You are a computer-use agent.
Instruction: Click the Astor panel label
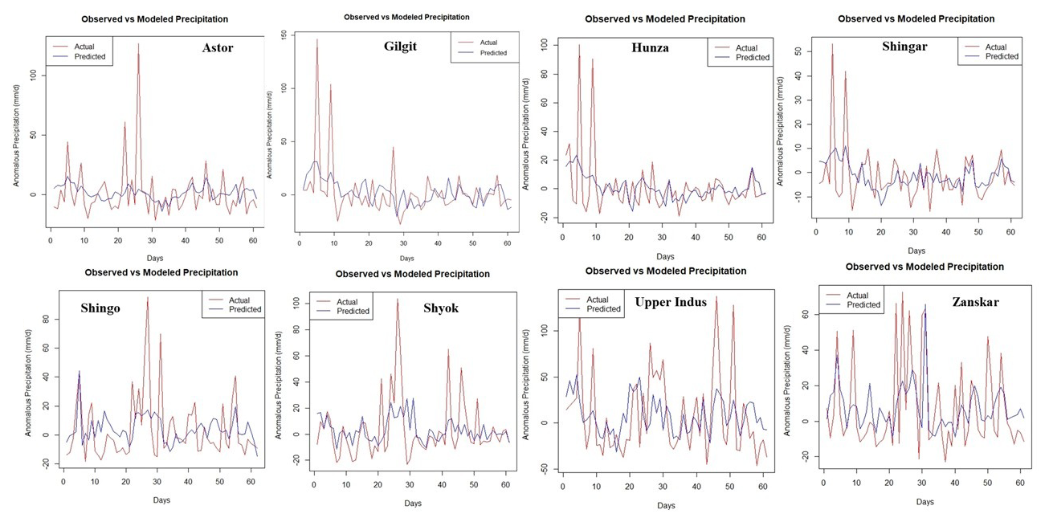click(x=218, y=48)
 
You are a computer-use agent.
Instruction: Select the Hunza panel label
click(x=650, y=48)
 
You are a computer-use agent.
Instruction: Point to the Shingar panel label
click(x=904, y=47)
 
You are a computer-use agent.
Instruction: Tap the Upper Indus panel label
click(x=671, y=302)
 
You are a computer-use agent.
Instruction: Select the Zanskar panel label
click(x=975, y=302)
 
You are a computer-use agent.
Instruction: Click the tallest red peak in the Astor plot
click(x=138, y=45)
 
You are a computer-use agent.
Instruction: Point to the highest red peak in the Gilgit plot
click(x=316, y=39)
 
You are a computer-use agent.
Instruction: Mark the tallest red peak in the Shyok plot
click(x=397, y=300)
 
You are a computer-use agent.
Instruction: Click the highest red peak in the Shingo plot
click(x=147, y=297)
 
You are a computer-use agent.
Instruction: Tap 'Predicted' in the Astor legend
click(x=90, y=56)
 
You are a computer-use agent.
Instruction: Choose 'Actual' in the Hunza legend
click(x=746, y=47)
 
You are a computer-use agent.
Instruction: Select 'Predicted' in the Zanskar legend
click(x=863, y=305)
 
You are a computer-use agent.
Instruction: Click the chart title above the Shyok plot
click(x=412, y=274)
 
